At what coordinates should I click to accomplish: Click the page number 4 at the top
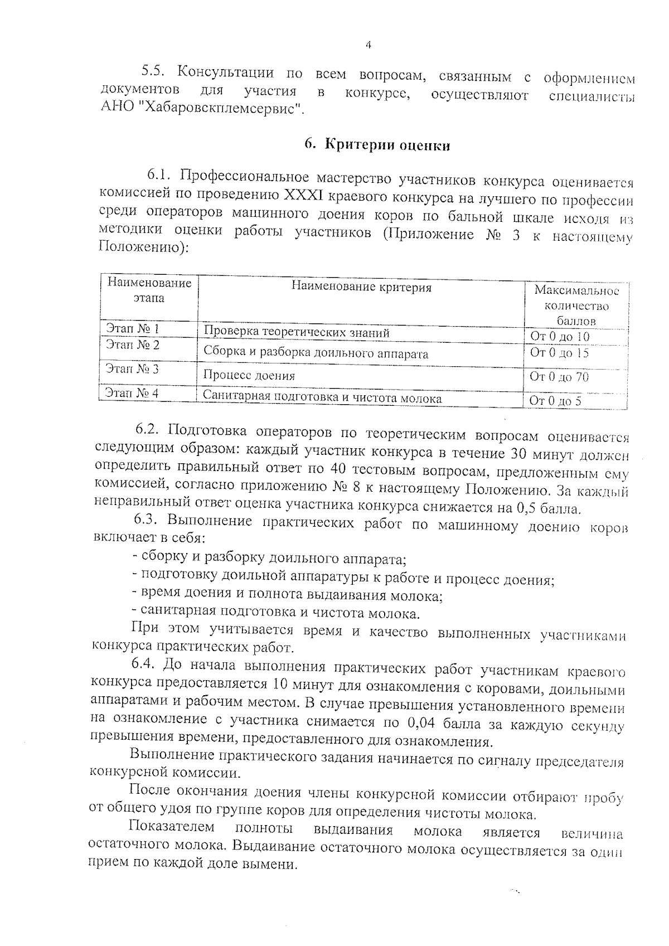point(368,46)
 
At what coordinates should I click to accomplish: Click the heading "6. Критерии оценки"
point(377,145)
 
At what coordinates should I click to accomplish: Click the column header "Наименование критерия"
point(361,288)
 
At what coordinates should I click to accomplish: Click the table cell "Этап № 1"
point(132,328)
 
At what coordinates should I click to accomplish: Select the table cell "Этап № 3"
point(132,368)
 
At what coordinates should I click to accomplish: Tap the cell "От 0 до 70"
point(559,377)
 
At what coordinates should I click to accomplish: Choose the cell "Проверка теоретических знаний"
point(296,333)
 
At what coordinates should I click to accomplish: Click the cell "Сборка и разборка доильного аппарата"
point(316,353)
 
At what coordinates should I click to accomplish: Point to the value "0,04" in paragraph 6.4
point(423,724)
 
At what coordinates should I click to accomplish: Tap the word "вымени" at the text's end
point(270,865)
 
